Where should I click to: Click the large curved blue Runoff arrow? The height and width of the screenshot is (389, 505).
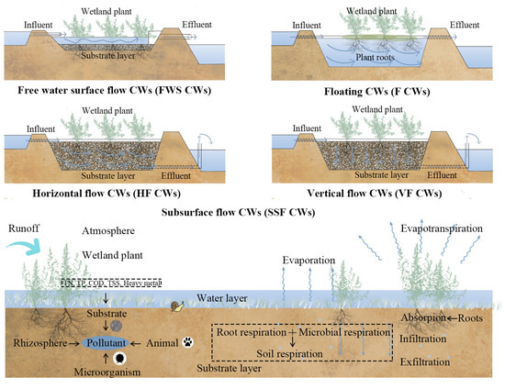(x=27, y=249)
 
